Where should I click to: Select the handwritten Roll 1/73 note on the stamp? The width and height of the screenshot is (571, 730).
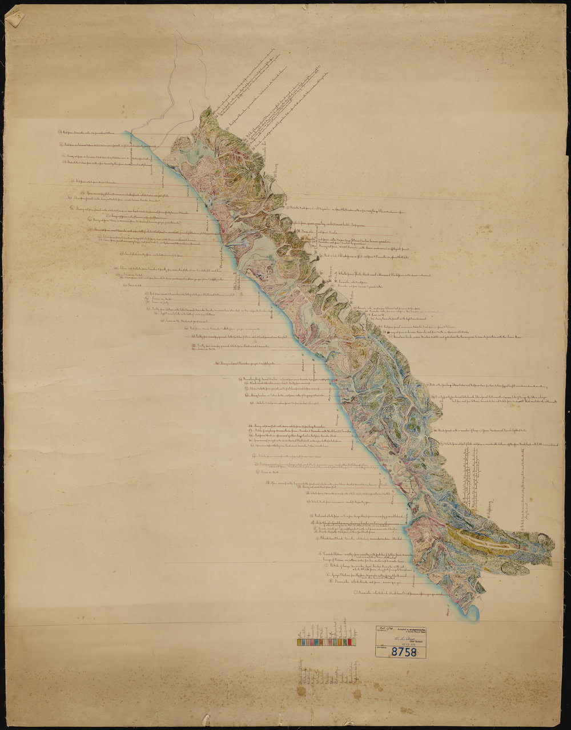click(384, 628)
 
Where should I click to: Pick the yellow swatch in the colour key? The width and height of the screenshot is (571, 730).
click(313, 643)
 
